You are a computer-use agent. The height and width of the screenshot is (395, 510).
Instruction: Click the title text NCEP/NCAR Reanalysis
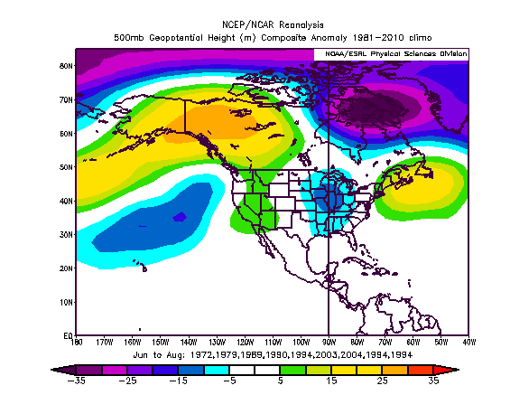point(272,24)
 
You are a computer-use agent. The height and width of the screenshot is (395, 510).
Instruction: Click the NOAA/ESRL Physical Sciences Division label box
point(391,55)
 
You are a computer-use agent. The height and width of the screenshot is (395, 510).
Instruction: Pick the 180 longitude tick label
point(76,343)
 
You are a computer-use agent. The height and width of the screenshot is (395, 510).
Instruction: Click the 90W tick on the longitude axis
point(329,343)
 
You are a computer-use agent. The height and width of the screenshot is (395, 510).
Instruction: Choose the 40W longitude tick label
point(468,343)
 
